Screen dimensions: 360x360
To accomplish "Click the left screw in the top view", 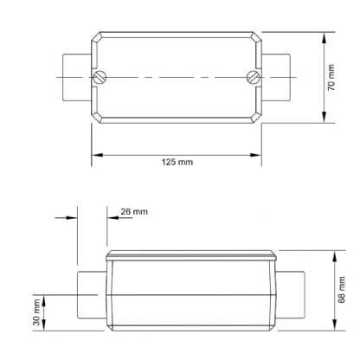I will [x=101, y=76].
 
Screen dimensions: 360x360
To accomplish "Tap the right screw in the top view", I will [x=254, y=76].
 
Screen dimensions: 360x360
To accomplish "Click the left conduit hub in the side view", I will [x=89, y=295].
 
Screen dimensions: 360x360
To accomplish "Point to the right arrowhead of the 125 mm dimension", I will [x=258, y=156].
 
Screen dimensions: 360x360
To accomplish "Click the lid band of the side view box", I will [x=191, y=255].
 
